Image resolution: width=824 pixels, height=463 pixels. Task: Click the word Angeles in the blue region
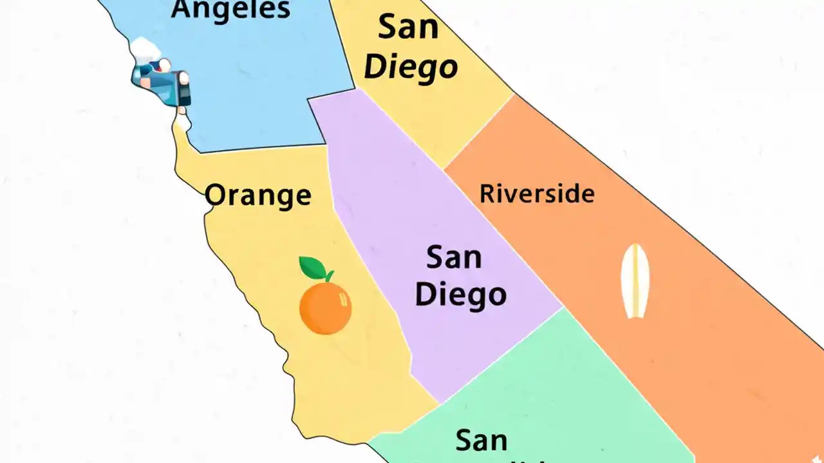pyautogui.click(x=231, y=9)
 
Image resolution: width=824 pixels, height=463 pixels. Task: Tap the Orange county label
pyautogui.click(x=258, y=195)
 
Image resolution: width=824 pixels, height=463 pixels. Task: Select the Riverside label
pyautogui.click(x=537, y=193)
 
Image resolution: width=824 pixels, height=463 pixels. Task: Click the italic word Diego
pyautogui.click(x=411, y=67)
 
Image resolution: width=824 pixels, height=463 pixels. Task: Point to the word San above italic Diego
pyautogui.click(x=408, y=27)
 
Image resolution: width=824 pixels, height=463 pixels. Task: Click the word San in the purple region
pyautogui.click(x=454, y=258)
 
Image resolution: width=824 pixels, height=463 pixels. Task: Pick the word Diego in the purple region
pyautogui.click(x=460, y=295)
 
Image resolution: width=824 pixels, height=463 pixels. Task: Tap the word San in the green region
pyautogui.click(x=482, y=440)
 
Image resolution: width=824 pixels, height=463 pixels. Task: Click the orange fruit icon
pyautogui.click(x=325, y=308)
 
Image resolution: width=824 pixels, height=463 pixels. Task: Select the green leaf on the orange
pyautogui.click(x=313, y=268)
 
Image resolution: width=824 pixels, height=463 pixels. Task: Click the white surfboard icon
pyautogui.click(x=635, y=281)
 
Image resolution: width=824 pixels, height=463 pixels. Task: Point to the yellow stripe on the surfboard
pyautogui.click(x=635, y=281)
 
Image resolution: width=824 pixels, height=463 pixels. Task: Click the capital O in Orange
pyautogui.click(x=217, y=195)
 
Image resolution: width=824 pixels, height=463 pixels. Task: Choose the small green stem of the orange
pyautogui.click(x=329, y=277)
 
